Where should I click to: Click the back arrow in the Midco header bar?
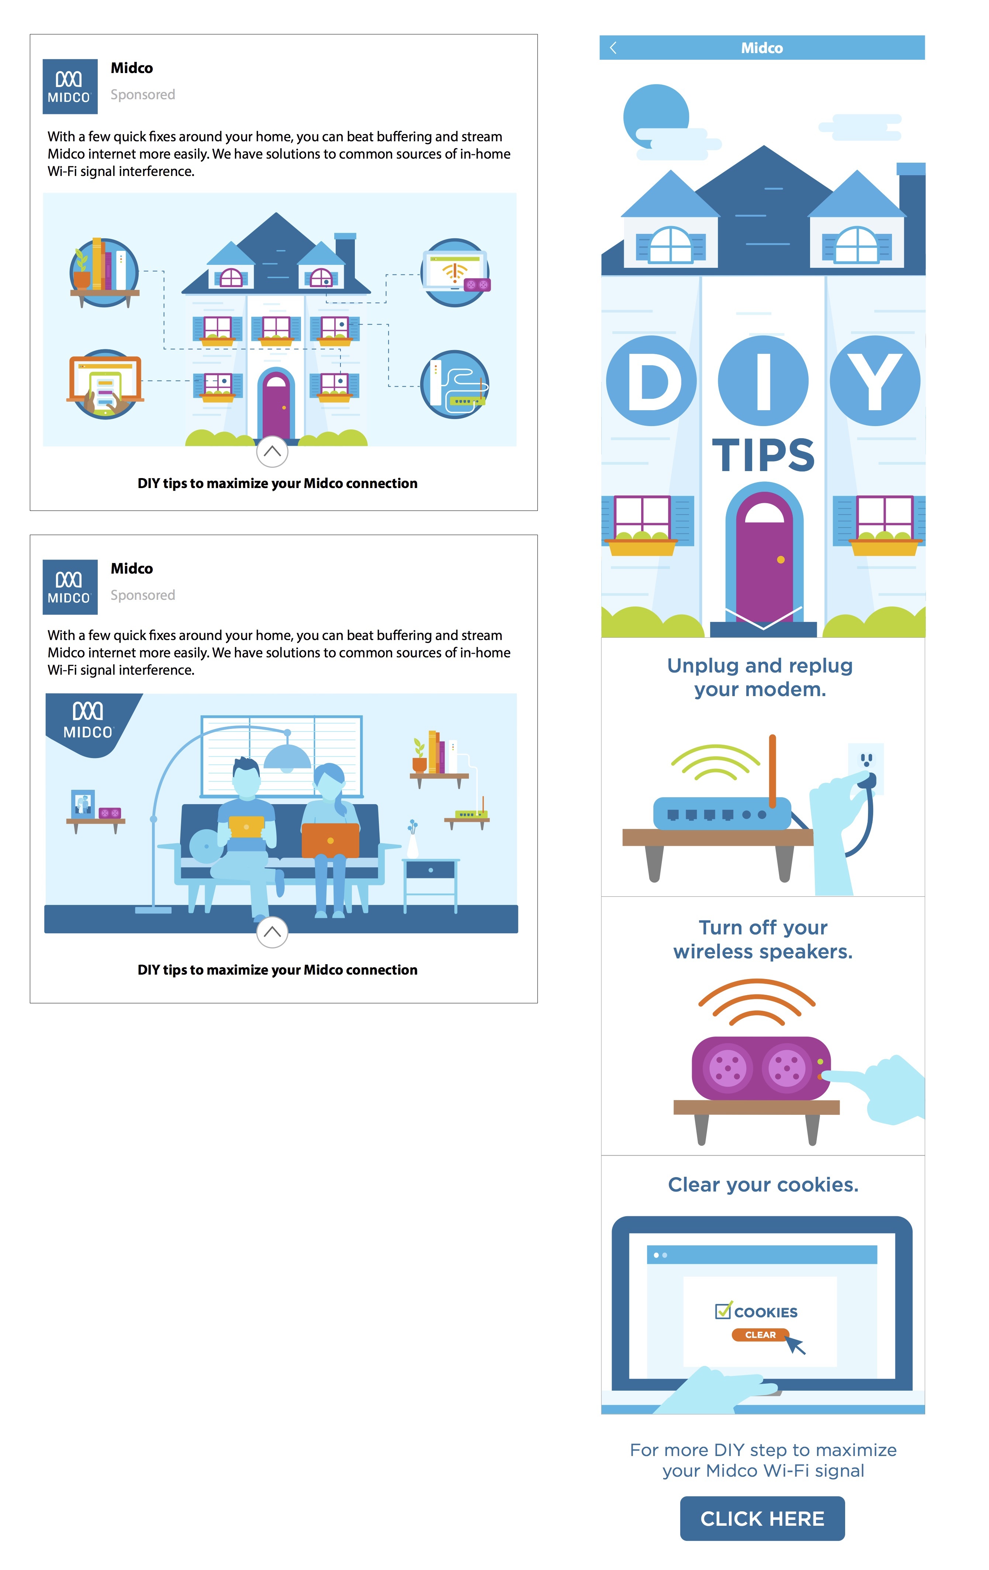[x=613, y=48]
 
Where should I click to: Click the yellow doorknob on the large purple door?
[x=780, y=559]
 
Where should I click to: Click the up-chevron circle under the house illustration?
[x=272, y=451]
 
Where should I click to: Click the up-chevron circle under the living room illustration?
[x=272, y=932]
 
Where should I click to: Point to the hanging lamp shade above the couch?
[x=287, y=756]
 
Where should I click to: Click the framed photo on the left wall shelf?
[x=82, y=803]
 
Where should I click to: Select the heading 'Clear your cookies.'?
[x=763, y=1184]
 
